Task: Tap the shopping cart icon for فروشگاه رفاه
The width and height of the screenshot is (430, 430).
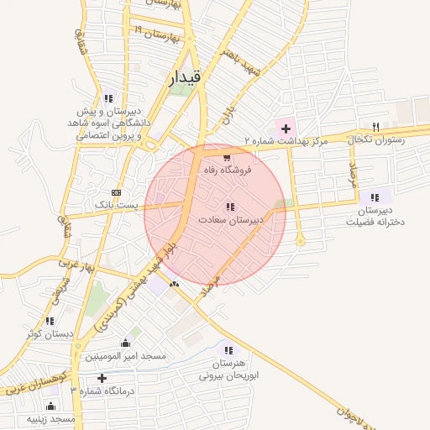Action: pyautogui.click(x=226, y=156)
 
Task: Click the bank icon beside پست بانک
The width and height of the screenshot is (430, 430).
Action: pyautogui.click(x=117, y=191)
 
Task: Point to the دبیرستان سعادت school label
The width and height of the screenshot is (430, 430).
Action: pyautogui.click(x=231, y=219)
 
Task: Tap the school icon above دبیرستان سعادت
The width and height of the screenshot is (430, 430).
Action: pyautogui.click(x=230, y=207)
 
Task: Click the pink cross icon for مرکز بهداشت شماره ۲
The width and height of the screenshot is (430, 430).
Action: pyautogui.click(x=286, y=128)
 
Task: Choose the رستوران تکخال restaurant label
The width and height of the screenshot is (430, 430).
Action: pyautogui.click(x=378, y=139)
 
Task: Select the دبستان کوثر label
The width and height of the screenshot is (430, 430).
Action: pyautogui.click(x=50, y=333)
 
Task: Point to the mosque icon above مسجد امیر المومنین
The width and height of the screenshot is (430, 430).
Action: pyautogui.click(x=125, y=343)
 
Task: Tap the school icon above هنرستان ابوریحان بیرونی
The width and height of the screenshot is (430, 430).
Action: pyautogui.click(x=227, y=350)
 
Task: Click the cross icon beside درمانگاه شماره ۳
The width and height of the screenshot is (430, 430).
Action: pyautogui.click(x=102, y=378)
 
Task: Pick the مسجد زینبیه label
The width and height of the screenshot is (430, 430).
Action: pyautogui.click(x=51, y=417)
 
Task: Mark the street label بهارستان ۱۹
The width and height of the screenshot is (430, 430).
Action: pyautogui.click(x=157, y=34)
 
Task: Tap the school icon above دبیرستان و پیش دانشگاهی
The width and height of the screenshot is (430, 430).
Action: pyautogui.click(x=108, y=98)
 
